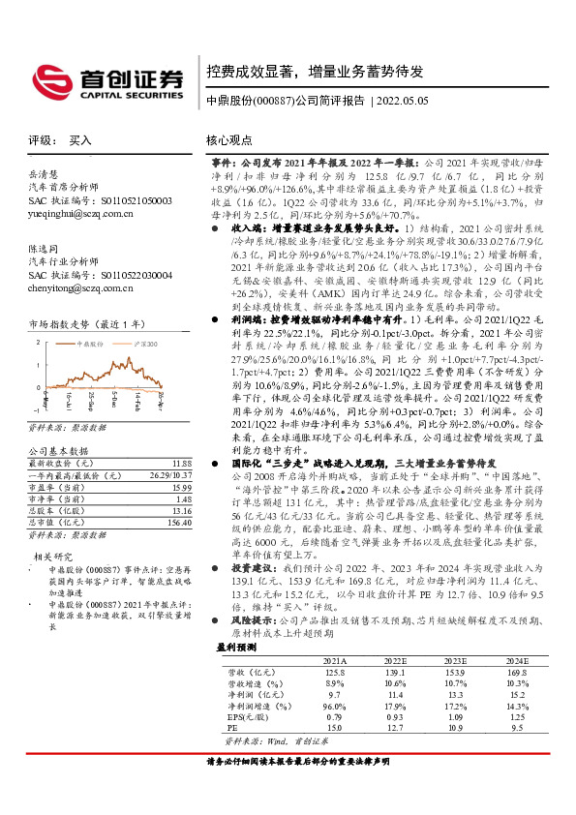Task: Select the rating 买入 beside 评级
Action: (x=80, y=140)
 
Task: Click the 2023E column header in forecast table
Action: (x=431, y=659)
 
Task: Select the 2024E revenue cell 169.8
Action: (x=516, y=671)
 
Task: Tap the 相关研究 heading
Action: (x=49, y=557)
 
